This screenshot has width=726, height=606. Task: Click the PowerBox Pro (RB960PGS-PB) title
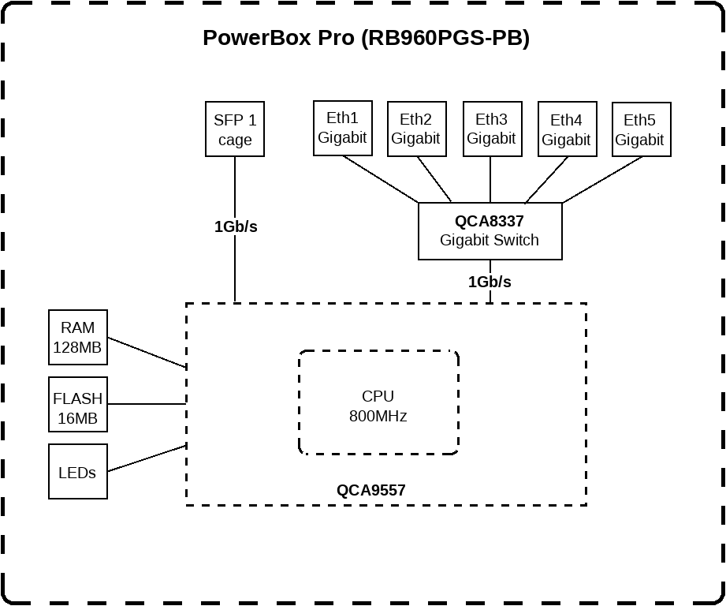(366, 38)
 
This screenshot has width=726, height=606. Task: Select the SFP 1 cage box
(234, 129)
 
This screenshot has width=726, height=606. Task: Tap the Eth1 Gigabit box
(342, 128)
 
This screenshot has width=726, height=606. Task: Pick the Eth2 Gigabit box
(416, 129)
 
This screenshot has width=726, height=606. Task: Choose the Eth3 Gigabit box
(491, 129)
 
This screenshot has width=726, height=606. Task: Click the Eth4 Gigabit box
(566, 129)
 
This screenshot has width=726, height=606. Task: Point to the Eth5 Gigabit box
(640, 129)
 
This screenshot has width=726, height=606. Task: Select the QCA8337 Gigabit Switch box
(490, 231)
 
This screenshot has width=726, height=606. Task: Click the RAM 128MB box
(78, 338)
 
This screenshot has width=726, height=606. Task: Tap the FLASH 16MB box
(78, 409)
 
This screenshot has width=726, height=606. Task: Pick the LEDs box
(78, 472)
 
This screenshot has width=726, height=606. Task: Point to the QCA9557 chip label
(370, 490)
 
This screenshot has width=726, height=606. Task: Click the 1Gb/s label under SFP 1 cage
(236, 226)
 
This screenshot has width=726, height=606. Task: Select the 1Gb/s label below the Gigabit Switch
(490, 282)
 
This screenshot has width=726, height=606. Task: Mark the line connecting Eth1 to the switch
(380, 179)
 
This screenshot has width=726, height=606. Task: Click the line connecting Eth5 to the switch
(602, 180)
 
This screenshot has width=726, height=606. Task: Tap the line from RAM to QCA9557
(147, 353)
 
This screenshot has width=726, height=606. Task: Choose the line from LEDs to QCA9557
(147, 458)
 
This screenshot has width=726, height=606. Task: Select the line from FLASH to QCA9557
(147, 404)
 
